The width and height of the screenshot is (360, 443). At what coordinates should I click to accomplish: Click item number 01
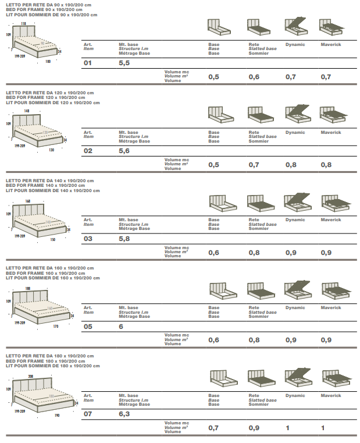(88, 62)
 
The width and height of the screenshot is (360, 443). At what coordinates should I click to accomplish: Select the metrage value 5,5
(124, 62)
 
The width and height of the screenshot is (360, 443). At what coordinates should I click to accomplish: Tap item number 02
(88, 150)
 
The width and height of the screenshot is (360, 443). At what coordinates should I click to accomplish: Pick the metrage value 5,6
(124, 150)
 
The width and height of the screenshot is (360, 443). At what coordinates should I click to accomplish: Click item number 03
(88, 238)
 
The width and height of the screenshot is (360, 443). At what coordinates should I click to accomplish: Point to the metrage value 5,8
(124, 238)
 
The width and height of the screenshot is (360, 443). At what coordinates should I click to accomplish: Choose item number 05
(88, 327)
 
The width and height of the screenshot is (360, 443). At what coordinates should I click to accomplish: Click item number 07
(88, 414)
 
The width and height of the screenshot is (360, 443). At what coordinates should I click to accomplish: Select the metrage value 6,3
(124, 414)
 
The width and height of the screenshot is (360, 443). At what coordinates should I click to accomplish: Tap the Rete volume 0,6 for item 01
(254, 77)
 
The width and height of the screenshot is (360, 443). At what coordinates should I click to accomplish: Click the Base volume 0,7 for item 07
(213, 428)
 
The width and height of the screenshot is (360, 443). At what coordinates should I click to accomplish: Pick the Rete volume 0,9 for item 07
(254, 428)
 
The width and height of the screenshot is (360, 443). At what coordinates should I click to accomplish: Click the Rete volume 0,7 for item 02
(254, 165)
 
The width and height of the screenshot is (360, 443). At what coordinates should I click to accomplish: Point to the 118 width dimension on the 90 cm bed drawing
(23, 23)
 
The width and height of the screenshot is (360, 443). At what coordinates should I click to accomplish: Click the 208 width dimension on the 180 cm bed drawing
(28, 375)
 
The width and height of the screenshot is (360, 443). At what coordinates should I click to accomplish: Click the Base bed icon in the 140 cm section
(221, 202)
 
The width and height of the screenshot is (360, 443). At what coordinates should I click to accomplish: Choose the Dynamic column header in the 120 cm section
(295, 132)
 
